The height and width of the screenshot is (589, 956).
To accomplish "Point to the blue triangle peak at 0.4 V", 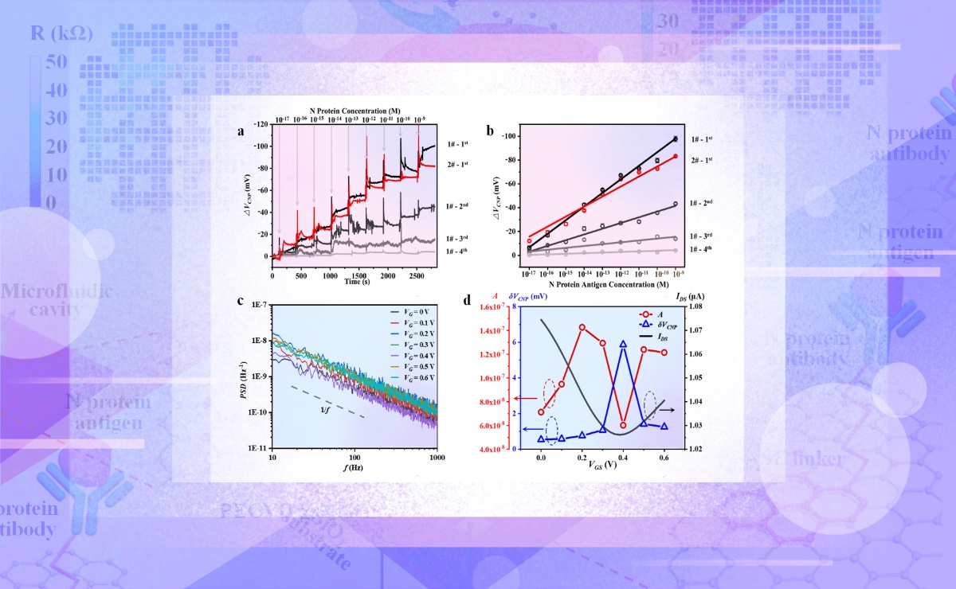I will (x=623, y=344).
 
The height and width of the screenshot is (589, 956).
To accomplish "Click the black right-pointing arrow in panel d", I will (x=666, y=409).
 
